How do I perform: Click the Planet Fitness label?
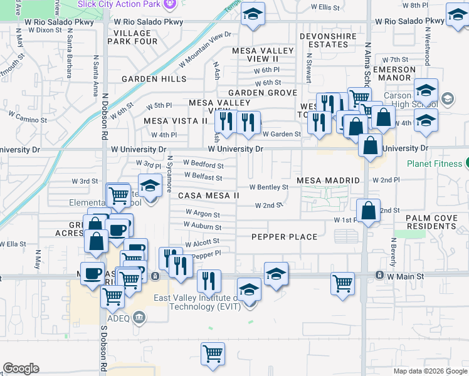tap(434, 164)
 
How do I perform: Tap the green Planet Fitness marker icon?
tap(466, 164)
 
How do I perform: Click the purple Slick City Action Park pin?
tap(168, 4)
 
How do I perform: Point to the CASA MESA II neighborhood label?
tap(209, 196)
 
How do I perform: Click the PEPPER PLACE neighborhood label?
tap(285, 237)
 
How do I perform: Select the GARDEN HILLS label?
tap(154, 79)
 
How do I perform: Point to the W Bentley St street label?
tap(268, 187)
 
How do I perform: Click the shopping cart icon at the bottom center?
tap(213, 354)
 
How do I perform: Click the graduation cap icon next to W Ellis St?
tap(253, 15)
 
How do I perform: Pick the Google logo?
tap(21, 368)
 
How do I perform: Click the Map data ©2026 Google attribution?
tap(430, 371)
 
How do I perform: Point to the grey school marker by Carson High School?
tap(448, 98)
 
